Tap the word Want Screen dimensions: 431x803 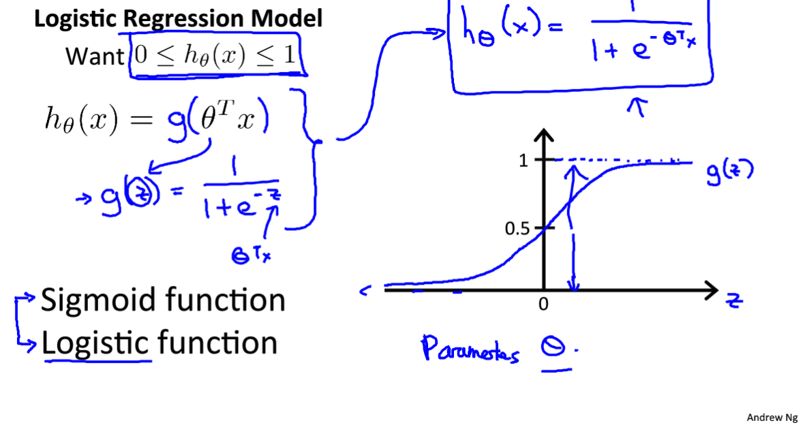(93, 57)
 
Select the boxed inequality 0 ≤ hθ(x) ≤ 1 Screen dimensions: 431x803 (215, 56)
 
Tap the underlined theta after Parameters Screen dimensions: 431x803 (556, 348)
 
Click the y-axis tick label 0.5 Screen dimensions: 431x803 (517, 228)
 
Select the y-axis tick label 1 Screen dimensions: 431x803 (524, 161)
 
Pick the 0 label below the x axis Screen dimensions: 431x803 (543, 305)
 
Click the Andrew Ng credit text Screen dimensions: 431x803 (772, 417)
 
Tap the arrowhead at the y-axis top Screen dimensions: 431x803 (543, 137)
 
